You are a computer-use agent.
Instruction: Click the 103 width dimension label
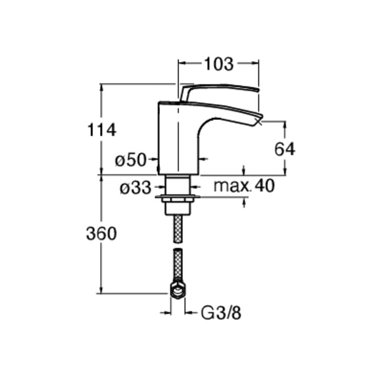219,64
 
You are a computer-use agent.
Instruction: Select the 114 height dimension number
101,130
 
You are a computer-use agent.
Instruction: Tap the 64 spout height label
285,149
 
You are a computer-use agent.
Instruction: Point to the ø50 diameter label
131,160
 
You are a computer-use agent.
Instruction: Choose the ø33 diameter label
136,188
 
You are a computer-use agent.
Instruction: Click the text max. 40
244,186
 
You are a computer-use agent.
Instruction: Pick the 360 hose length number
101,234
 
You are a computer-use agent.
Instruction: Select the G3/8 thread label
221,313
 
